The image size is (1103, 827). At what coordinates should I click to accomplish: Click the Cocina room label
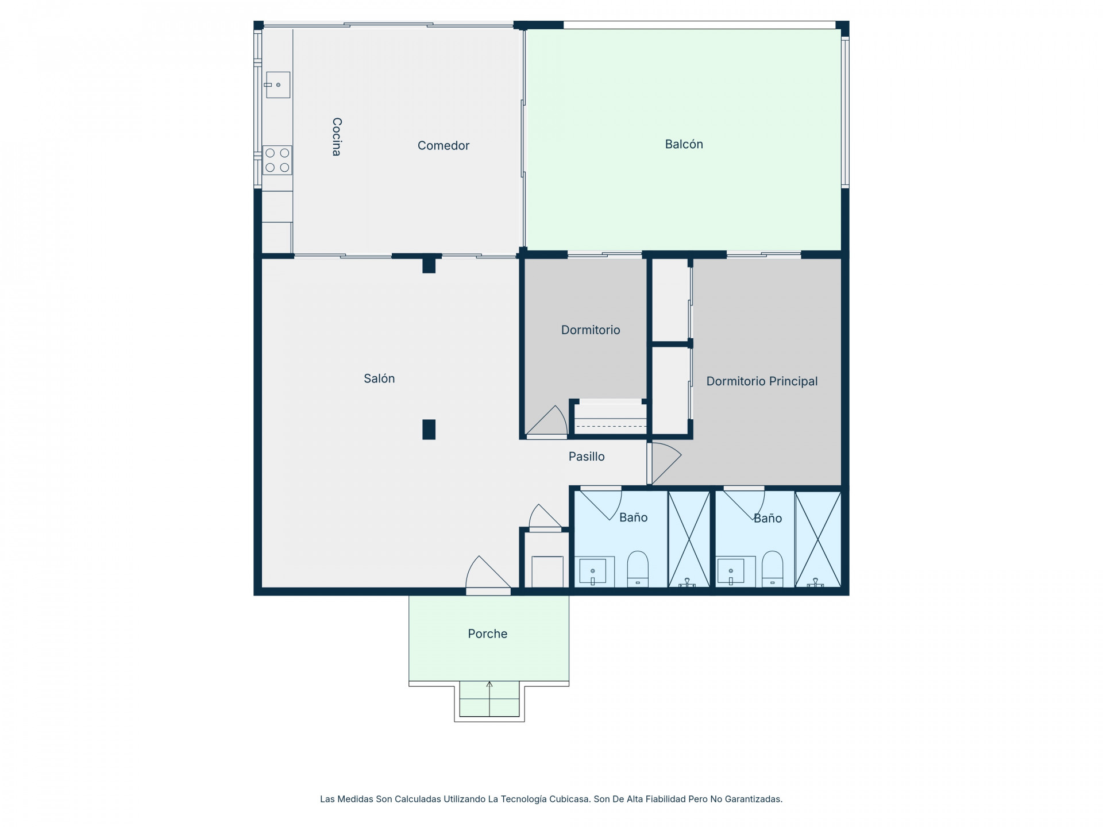coord(337,137)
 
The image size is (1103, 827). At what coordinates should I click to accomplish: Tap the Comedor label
coord(443,146)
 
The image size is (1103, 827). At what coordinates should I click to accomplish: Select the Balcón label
coord(684,144)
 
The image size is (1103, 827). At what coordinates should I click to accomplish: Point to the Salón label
coord(379,378)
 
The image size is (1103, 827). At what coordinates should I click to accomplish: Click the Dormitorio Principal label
coord(762,381)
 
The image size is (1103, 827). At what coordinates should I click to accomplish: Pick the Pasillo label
coord(587,457)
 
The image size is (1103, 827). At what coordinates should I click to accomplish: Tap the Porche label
coord(487,634)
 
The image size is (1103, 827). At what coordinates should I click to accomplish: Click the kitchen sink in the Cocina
coord(278,85)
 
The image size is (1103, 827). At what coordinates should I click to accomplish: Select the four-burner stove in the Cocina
coord(277,160)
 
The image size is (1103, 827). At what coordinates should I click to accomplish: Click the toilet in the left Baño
coord(638,569)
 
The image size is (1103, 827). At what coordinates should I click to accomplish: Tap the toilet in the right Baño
coord(772,569)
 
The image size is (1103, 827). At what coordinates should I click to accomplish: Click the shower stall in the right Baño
coord(818,539)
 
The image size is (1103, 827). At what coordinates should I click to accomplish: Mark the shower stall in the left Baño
coord(689,539)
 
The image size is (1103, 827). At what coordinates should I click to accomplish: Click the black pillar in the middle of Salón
coord(429,430)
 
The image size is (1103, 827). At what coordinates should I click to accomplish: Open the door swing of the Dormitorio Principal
coord(665,463)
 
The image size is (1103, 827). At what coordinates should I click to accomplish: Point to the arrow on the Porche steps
coord(489,698)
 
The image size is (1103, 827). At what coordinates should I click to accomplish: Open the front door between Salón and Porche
coord(488,574)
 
